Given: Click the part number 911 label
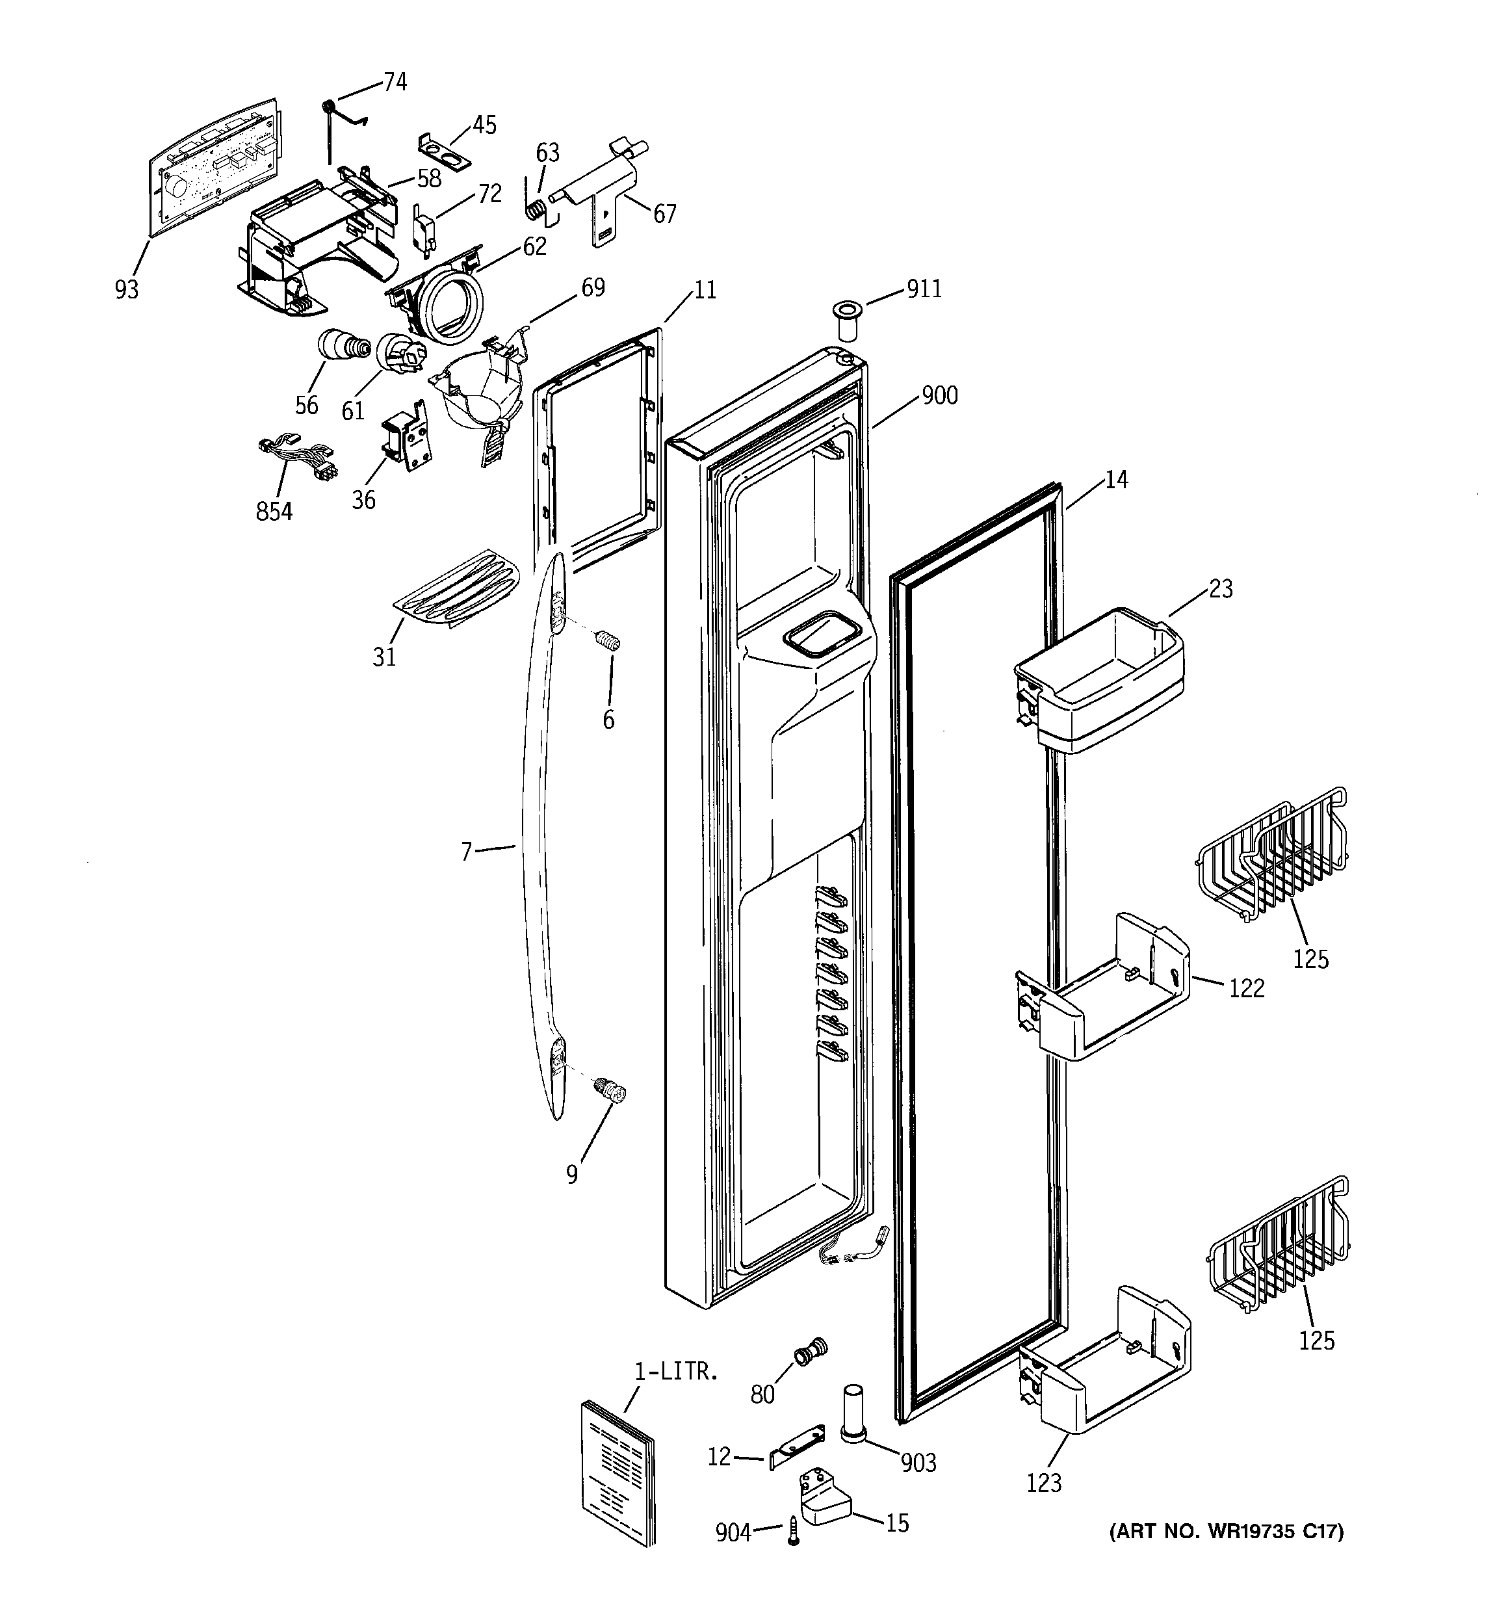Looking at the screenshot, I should (x=924, y=289).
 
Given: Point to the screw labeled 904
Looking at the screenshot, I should (x=792, y=1534).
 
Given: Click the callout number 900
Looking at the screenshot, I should (x=940, y=396).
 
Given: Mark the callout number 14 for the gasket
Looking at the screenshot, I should (x=1116, y=480).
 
